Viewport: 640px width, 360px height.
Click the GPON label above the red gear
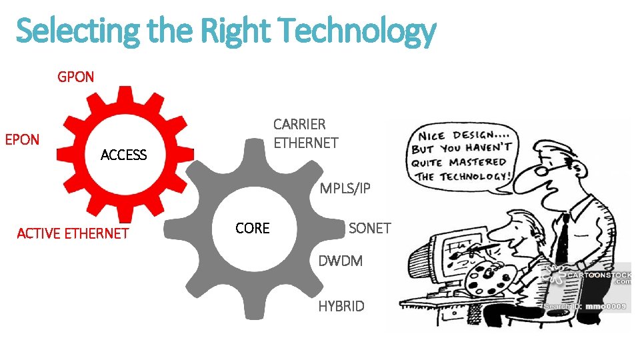[x=76, y=77]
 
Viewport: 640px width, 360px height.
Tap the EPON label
[x=22, y=139]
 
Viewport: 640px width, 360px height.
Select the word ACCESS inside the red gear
[x=123, y=155]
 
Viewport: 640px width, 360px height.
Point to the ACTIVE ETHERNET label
[x=72, y=233]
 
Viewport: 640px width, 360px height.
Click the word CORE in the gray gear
[x=253, y=228]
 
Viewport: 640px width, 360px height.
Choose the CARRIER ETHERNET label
[x=305, y=133]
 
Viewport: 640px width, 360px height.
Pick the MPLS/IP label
[x=345, y=189]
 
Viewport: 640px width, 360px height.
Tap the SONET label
[x=369, y=228]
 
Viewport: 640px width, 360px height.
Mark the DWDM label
[x=340, y=261]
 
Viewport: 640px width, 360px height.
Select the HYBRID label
[x=341, y=306]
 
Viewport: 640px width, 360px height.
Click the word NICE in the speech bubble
[x=433, y=133]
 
